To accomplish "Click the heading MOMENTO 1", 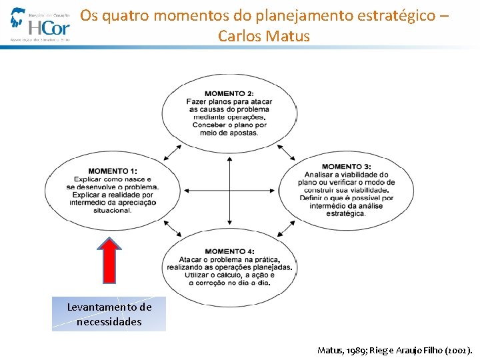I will (112, 171).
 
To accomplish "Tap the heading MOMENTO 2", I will (229, 93).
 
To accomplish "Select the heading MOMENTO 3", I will (346, 167).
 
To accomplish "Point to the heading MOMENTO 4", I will (229, 251).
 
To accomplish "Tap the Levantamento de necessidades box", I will (109, 314).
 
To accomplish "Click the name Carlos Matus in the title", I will (263, 36).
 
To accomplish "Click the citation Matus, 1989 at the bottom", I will (343, 349).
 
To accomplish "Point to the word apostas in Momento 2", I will (241, 133).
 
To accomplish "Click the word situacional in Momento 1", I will (113, 211).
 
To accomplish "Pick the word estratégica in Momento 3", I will (345, 214).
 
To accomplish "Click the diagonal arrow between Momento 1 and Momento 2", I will (173, 151).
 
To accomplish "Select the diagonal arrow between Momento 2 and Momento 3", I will (285, 151).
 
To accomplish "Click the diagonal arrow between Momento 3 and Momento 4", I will (285, 229).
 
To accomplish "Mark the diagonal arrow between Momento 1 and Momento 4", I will (173, 229).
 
